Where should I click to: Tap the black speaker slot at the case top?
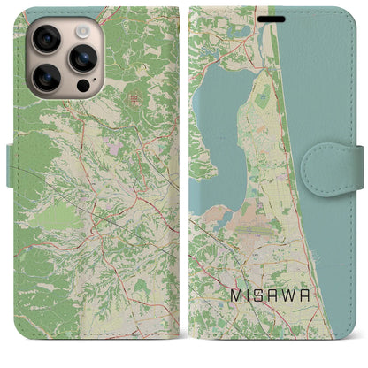(274, 18)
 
